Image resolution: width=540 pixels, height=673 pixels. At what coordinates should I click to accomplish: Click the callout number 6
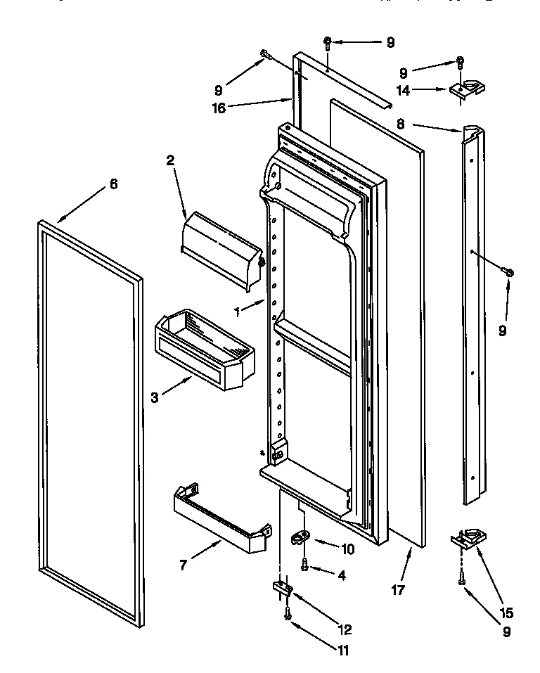(x=113, y=184)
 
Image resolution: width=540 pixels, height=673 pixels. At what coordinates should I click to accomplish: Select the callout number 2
(x=169, y=160)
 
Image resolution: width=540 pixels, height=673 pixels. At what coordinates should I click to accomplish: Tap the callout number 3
(x=154, y=397)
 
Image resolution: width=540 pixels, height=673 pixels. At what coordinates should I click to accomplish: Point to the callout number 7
(x=184, y=564)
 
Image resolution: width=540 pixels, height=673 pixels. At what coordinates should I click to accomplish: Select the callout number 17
(x=398, y=591)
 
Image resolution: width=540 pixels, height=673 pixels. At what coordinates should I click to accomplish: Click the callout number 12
(x=344, y=629)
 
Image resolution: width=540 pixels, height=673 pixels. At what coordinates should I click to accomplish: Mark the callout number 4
(x=341, y=575)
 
